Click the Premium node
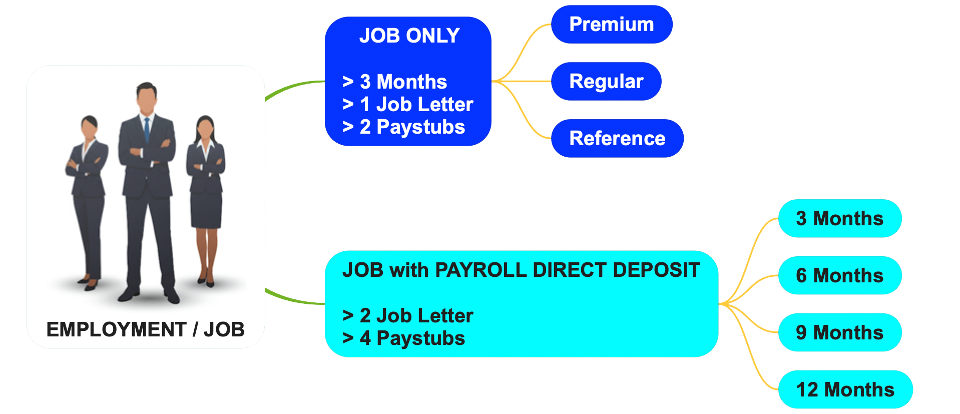pyautogui.click(x=611, y=25)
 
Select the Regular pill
pyautogui.click(x=606, y=82)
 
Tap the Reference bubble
pyautogui.click(x=617, y=139)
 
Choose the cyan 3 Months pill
pyautogui.click(x=839, y=219)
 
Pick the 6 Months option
pyautogui.click(x=839, y=276)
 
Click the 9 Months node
pyautogui.click(x=839, y=333)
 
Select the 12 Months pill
pyautogui.click(x=845, y=390)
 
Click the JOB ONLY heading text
pyautogui.click(x=409, y=36)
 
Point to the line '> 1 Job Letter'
pyautogui.click(x=407, y=105)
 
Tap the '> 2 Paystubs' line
pyautogui.click(x=403, y=127)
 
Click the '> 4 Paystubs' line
pyautogui.click(x=403, y=338)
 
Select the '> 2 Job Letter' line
pyautogui.click(x=407, y=316)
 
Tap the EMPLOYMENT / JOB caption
pyautogui.click(x=145, y=330)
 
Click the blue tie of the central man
pyautogui.click(x=147, y=129)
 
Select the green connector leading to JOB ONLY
pyautogui.click(x=293, y=86)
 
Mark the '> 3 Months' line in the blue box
pyautogui.click(x=394, y=82)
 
